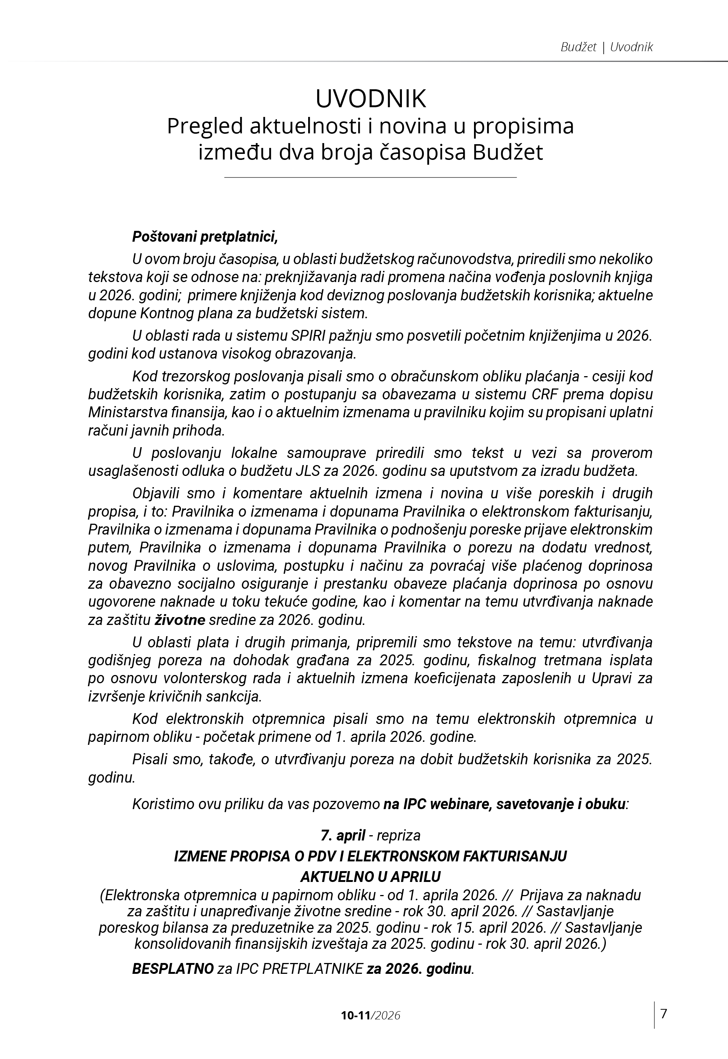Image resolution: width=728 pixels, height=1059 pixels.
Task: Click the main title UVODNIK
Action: (371, 99)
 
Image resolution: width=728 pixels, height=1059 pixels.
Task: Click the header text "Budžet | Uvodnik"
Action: (606, 47)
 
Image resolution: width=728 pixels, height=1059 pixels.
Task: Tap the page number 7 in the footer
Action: (664, 1013)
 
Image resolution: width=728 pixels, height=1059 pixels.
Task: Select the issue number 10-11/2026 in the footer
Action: (371, 1015)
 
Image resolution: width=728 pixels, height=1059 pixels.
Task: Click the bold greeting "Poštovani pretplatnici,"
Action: (205, 237)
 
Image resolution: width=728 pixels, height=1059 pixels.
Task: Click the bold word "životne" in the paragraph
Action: (180, 620)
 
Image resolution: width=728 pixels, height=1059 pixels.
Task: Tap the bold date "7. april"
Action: (343, 835)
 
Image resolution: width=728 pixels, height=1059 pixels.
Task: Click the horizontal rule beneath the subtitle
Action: (371, 177)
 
